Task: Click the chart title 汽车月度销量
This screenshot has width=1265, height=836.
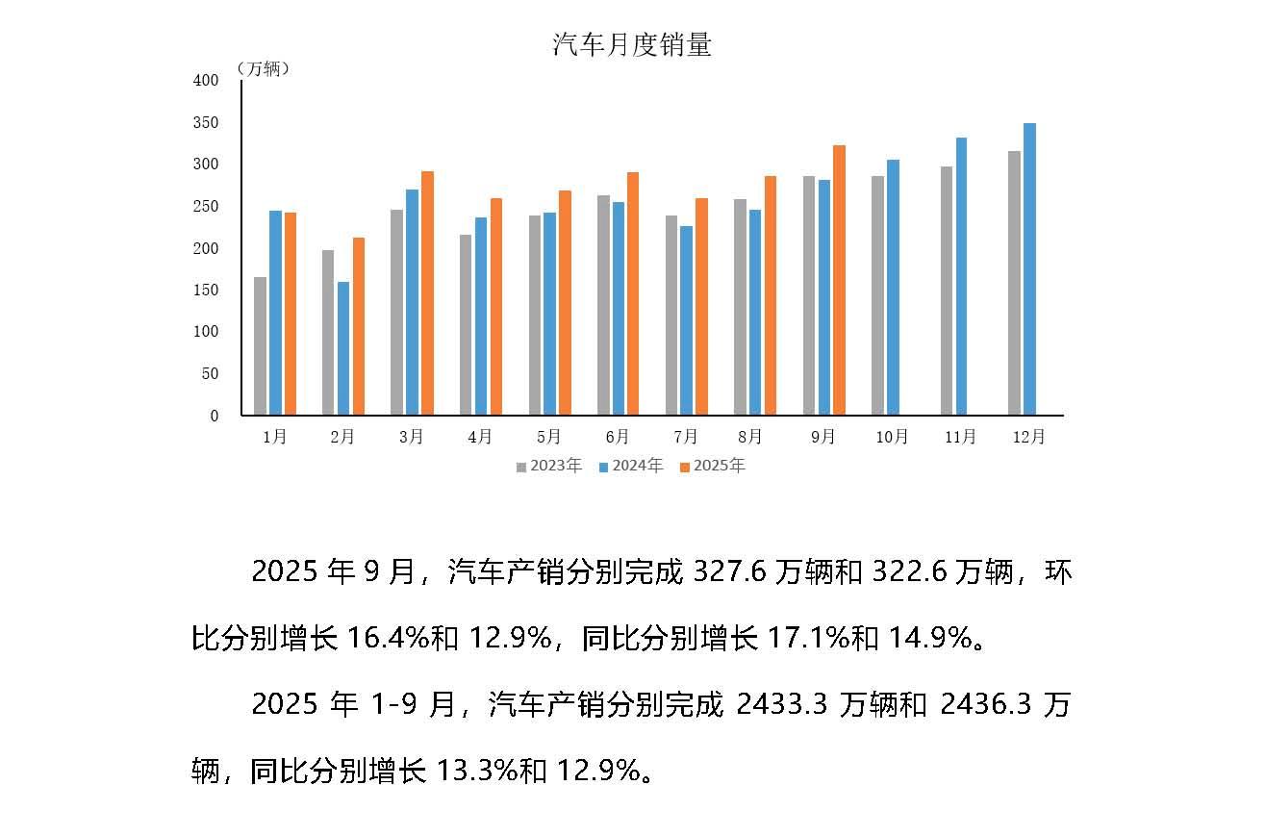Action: (x=632, y=45)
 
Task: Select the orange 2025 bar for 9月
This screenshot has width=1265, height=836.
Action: (x=839, y=280)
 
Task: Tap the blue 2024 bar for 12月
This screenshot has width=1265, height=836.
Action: (x=1029, y=269)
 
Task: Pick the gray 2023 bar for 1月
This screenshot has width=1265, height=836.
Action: (x=260, y=346)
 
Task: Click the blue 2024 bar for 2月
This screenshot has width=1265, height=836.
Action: (x=343, y=348)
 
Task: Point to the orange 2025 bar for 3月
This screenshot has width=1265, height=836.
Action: (x=427, y=293)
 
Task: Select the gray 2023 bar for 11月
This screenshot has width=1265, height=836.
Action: (x=947, y=291)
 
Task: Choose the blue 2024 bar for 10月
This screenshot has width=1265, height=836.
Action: (x=893, y=288)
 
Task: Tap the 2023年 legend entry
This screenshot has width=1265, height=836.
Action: (x=549, y=467)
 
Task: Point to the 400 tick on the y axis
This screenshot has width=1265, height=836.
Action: (x=206, y=81)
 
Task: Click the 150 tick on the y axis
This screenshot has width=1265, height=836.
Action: (x=206, y=291)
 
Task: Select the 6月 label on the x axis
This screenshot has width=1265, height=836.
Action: (x=618, y=437)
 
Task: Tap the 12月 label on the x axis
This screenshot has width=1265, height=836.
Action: (x=1028, y=437)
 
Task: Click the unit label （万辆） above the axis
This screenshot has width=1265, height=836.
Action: (x=262, y=69)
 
